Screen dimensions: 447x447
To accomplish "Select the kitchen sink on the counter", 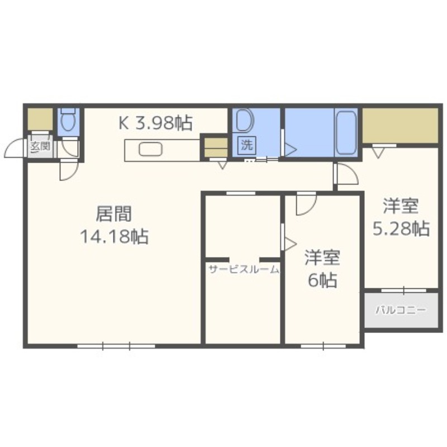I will [x=150, y=149].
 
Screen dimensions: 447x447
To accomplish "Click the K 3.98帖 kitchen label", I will [x=155, y=122].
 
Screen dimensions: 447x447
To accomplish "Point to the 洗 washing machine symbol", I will [x=246, y=145].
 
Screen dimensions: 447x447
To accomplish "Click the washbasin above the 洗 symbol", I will [x=244, y=120].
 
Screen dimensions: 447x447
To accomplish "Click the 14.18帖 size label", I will [x=114, y=237].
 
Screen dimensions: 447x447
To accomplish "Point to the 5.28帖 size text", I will [x=401, y=228].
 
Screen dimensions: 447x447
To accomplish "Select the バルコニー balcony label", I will [x=400, y=310].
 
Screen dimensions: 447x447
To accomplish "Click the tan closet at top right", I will [x=400, y=125].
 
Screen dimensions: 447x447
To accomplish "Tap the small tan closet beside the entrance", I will [x=40, y=119].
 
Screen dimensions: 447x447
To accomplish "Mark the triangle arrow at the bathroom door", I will [x=291, y=149].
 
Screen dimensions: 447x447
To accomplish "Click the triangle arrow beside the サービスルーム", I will [x=290, y=243].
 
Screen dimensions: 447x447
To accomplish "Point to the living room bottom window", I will [x=116, y=346].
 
